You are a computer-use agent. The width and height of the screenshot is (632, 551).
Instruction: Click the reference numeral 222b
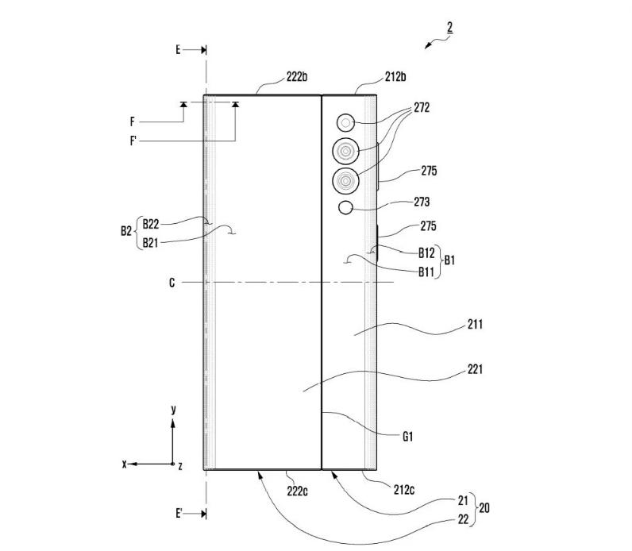click(297, 76)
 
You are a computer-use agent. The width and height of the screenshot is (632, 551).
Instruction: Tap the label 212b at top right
click(395, 76)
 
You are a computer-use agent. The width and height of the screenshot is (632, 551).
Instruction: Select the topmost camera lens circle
click(345, 123)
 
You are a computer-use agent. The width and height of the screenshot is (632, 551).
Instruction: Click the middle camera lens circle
click(346, 151)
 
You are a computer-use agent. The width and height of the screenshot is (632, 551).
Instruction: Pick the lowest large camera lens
click(346, 180)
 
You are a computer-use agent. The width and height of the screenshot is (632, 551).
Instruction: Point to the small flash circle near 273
click(346, 207)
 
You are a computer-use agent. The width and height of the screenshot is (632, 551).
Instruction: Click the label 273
click(422, 202)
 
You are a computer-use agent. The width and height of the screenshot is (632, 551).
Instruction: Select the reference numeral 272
click(422, 108)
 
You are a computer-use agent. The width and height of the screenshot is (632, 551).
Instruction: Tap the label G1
click(408, 437)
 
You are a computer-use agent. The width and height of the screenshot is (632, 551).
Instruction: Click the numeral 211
click(475, 324)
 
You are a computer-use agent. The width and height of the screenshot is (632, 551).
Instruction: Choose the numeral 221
click(475, 369)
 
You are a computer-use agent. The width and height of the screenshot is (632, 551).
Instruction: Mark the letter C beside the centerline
click(172, 283)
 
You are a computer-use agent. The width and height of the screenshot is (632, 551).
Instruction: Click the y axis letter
click(173, 410)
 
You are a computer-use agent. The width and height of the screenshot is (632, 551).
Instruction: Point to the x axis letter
click(125, 464)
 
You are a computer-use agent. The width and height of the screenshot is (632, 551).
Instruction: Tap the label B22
click(151, 224)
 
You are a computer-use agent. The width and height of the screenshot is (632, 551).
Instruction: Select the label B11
click(426, 272)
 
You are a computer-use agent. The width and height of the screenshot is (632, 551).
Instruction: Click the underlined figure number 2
click(450, 28)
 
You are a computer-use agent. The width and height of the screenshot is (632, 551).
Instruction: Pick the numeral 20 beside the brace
click(484, 508)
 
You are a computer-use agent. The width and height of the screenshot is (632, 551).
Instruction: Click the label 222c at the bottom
click(297, 491)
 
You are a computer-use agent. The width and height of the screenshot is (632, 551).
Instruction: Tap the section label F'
click(133, 141)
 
